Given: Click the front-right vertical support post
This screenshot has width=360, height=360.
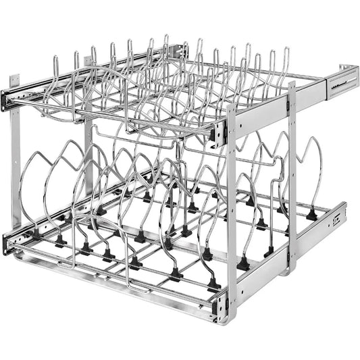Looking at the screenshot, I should coord(232,216).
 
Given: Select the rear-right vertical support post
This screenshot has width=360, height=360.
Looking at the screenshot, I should coord(292,176).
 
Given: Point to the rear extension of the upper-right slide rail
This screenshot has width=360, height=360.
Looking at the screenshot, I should coord(344,78).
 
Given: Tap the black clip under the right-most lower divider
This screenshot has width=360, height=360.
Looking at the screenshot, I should coord(311,215).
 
